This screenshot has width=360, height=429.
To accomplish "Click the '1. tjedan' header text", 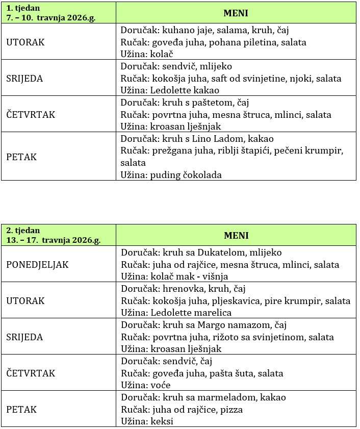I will click(22, 8).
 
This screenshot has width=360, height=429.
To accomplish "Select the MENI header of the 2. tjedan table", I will click(236, 235).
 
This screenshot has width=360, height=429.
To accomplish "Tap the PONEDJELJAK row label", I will click(37, 265).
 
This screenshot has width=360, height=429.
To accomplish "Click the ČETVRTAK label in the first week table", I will click(31, 115).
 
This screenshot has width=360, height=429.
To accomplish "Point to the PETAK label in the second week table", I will click(21, 410).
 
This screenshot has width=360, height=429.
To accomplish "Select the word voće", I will click(161, 385).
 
